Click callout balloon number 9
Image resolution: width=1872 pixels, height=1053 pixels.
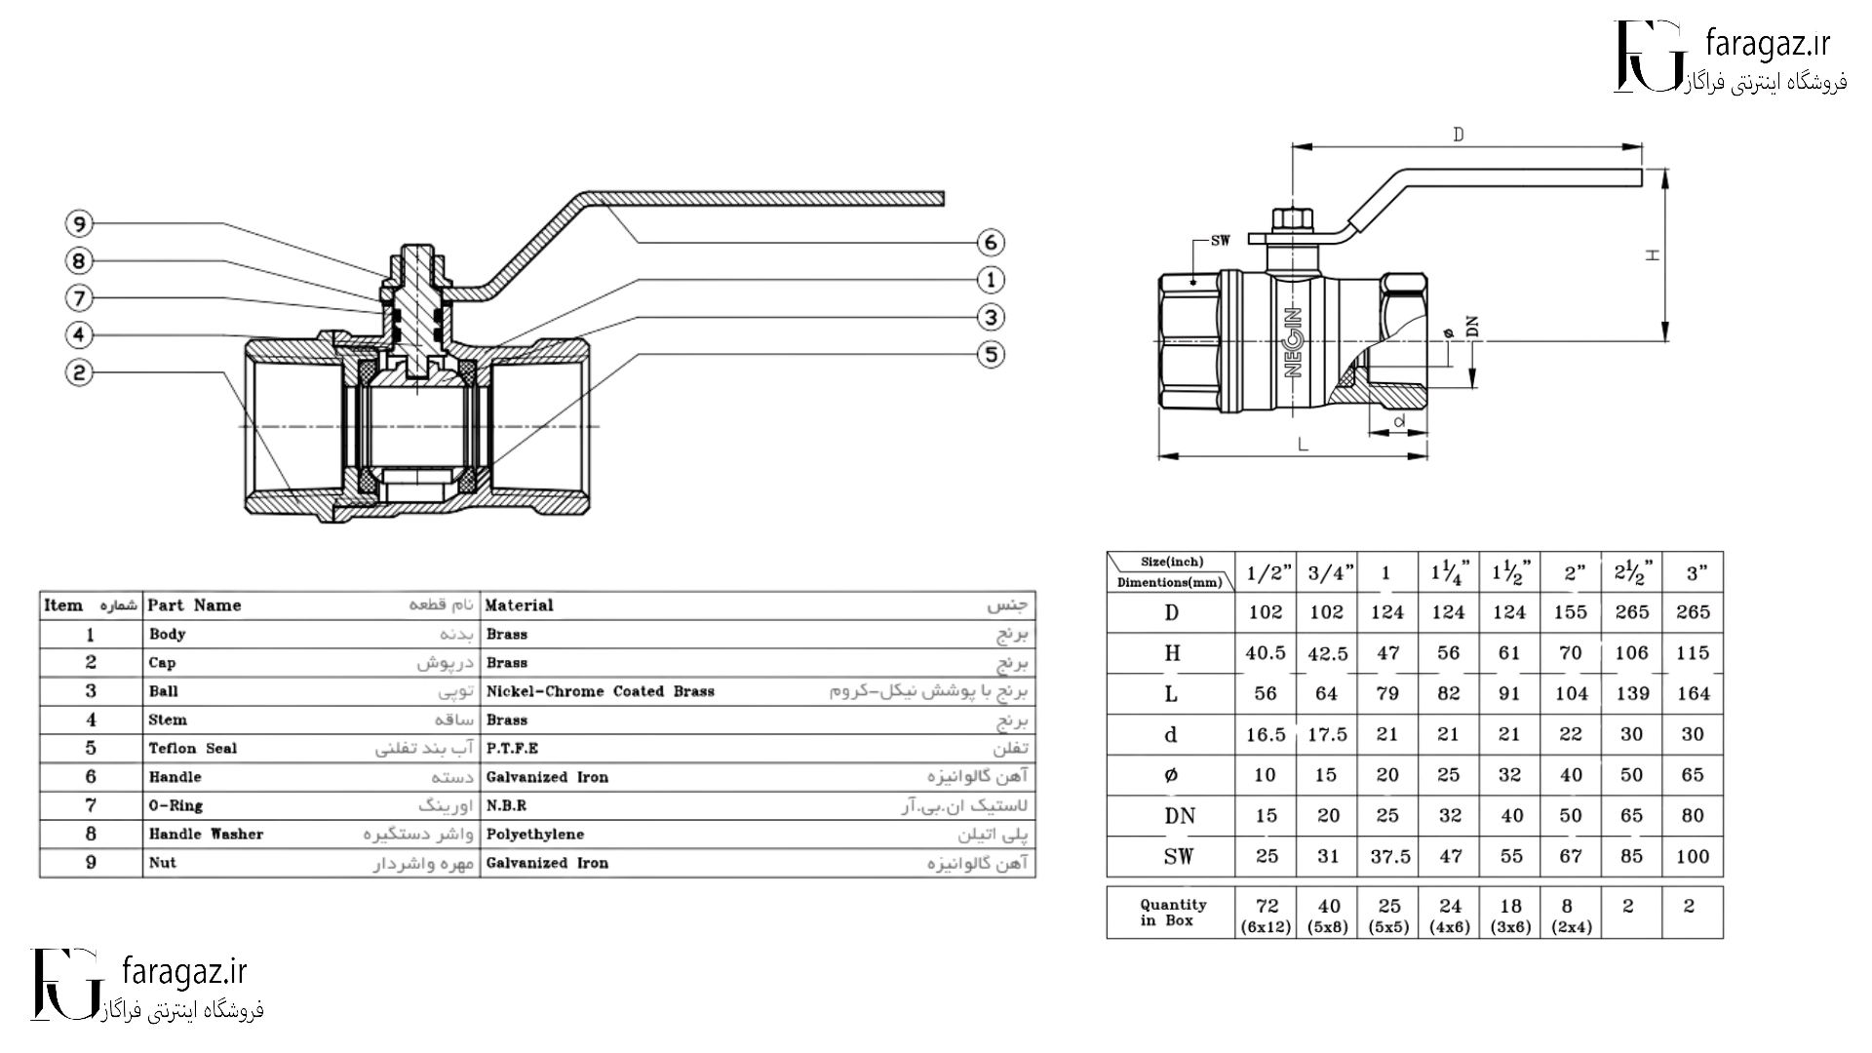coord(79,223)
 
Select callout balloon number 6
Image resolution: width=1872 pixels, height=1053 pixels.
coord(991,243)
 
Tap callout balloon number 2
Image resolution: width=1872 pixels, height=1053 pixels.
coord(79,371)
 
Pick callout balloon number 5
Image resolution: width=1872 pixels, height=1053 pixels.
coord(991,354)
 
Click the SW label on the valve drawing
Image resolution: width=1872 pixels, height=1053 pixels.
coord(1220,240)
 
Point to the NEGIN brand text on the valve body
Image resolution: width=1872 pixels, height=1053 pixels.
coord(1294,342)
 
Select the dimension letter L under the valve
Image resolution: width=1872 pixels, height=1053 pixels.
coord(1303,445)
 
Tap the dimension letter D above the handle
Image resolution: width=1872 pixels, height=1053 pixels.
coord(1459,135)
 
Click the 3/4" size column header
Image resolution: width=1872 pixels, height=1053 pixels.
coord(1326,573)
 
